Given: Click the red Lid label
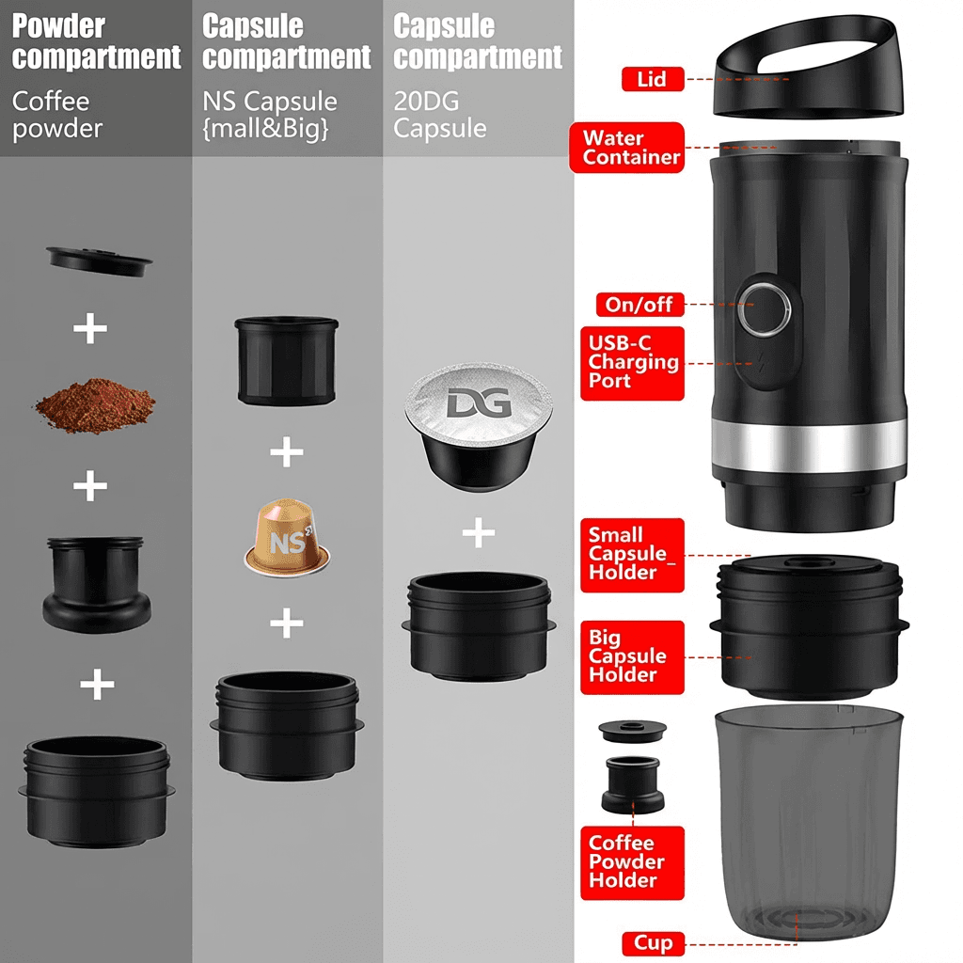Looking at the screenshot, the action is [x=653, y=79].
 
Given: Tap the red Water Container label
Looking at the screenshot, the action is [x=627, y=148].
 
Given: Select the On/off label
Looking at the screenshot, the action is [x=639, y=305].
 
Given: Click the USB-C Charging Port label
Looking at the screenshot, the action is [x=632, y=363].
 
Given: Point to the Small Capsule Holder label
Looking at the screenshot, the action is [x=632, y=555].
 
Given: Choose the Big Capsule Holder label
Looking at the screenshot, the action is [x=632, y=657].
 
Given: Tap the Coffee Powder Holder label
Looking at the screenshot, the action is [x=632, y=863].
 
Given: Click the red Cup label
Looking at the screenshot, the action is [x=653, y=943].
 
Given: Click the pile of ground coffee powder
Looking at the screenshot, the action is [x=95, y=405].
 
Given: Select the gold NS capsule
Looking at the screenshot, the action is [x=287, y=537].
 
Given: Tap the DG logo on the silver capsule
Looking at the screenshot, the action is [x=479, y=403].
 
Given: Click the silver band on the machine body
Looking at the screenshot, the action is [x=809, y=445].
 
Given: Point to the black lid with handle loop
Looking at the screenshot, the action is [x=808, y=66].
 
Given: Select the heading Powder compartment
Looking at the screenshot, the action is [x=97, y=41].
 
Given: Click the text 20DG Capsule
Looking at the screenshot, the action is [x=440, y=115].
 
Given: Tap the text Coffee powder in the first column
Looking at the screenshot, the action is [x=57, y=115].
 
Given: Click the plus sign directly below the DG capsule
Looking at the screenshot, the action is [x=479, y=532].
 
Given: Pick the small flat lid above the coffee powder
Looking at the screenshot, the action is [x=99, y=260].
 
